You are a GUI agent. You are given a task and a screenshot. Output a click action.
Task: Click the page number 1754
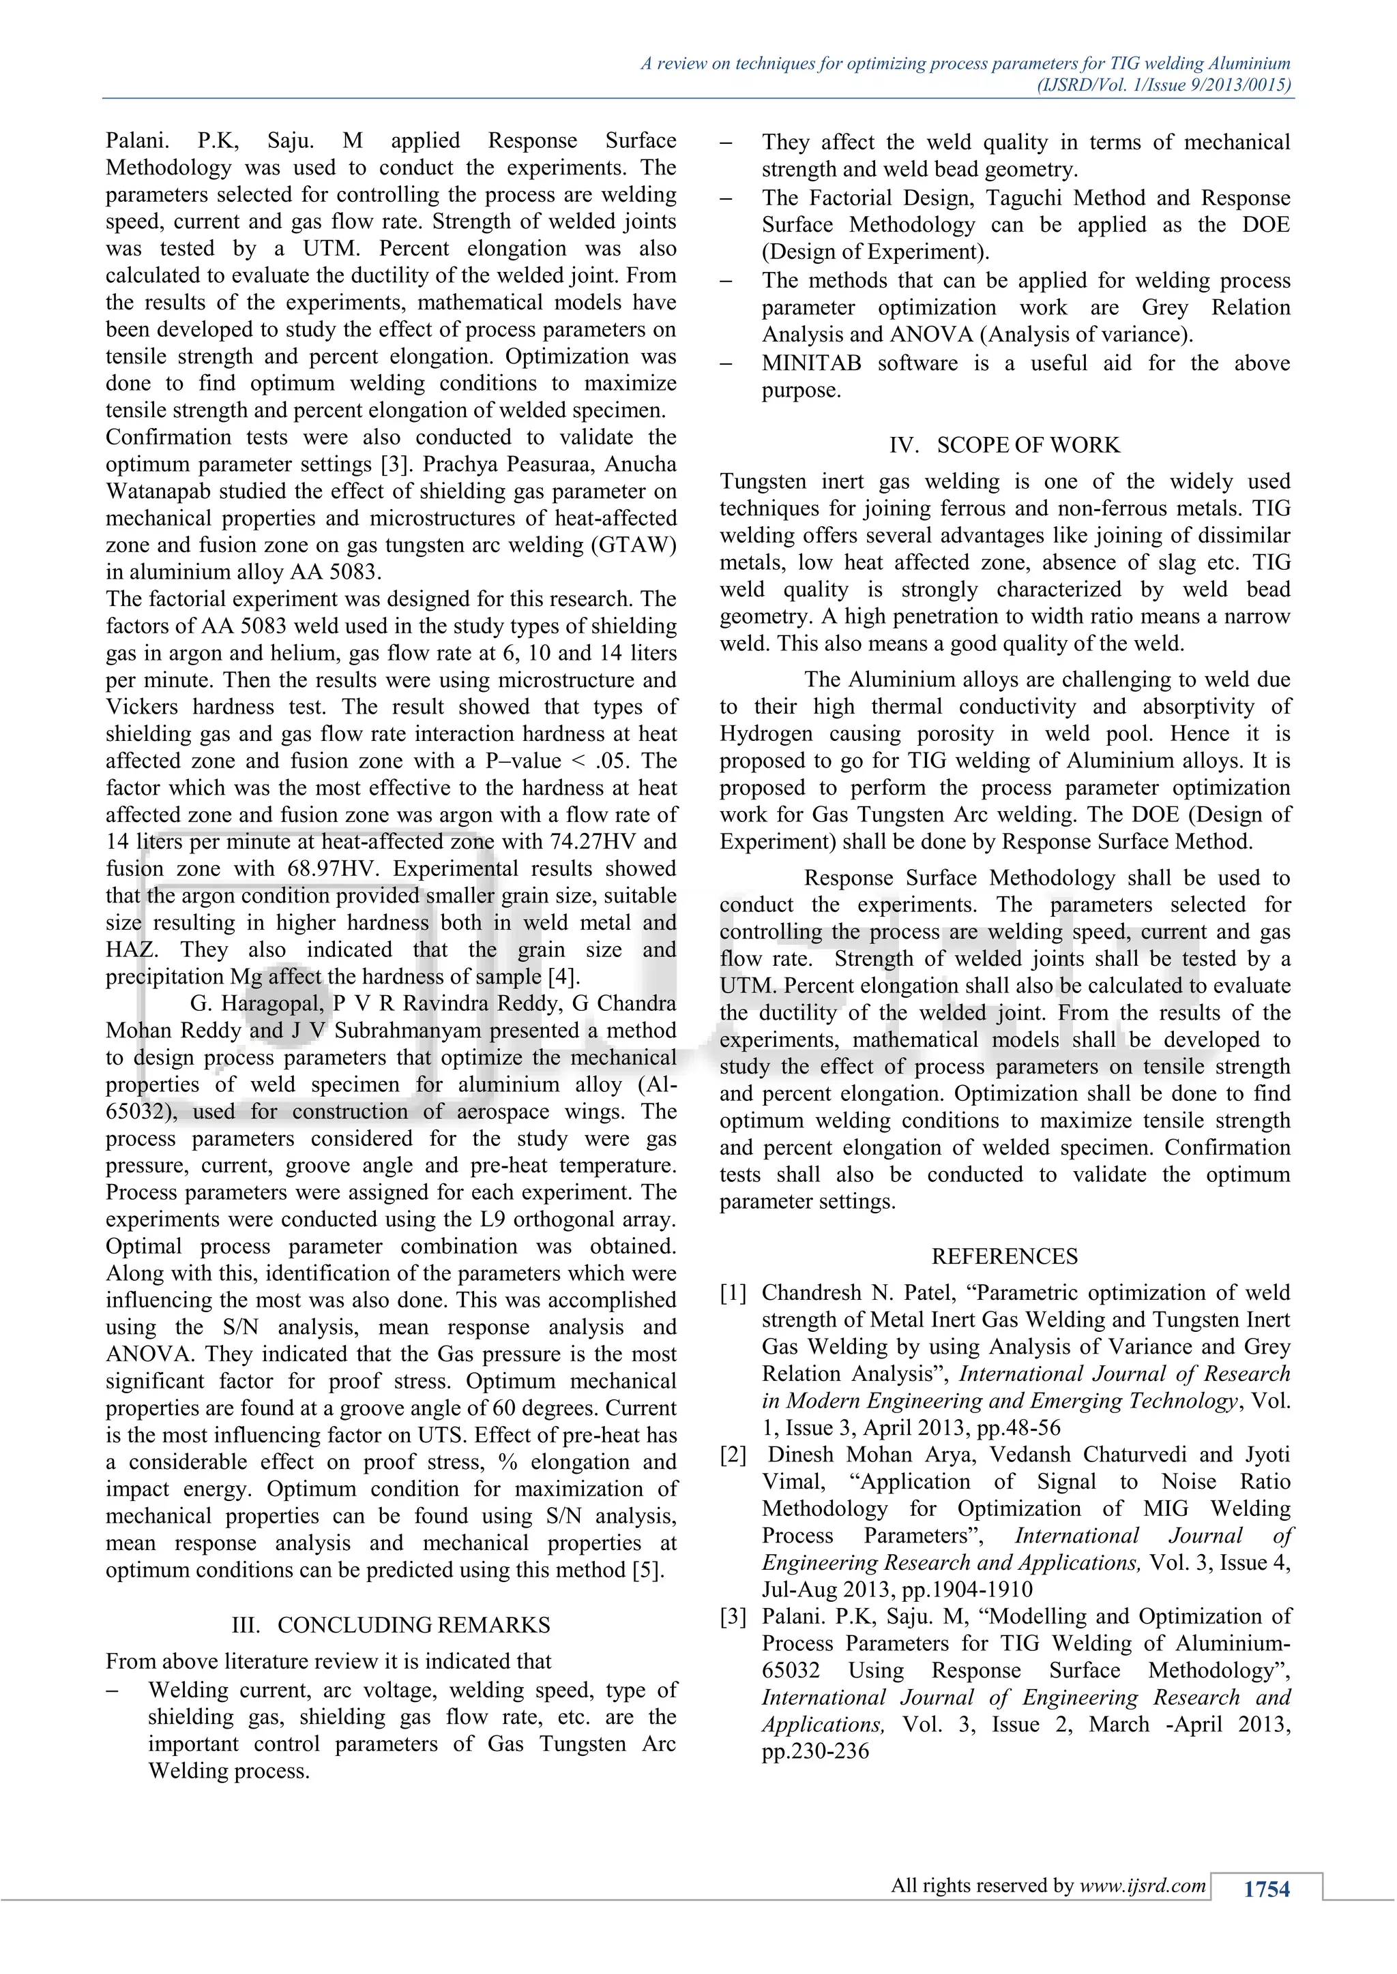(x=1266, y=1888)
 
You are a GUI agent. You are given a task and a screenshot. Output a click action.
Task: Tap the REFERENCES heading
(x=1004, y=1256)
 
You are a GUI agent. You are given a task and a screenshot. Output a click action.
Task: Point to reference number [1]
(x=733, y=1293)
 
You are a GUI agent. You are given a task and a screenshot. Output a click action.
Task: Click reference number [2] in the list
(x=733, y=1455)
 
